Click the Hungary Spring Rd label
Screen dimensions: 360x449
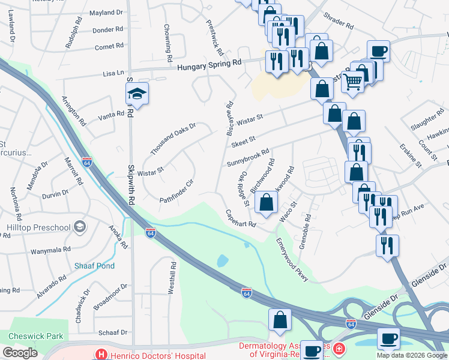[209, 62]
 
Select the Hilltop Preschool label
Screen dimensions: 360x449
[38, 227]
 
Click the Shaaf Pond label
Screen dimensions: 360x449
[94, 266]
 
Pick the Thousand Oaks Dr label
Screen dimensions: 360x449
[173, 138]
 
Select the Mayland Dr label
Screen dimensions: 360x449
[106, 12]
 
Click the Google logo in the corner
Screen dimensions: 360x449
[19, 353]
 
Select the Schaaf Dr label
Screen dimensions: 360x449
[113, 332]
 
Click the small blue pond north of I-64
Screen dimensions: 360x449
[222, 260]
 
